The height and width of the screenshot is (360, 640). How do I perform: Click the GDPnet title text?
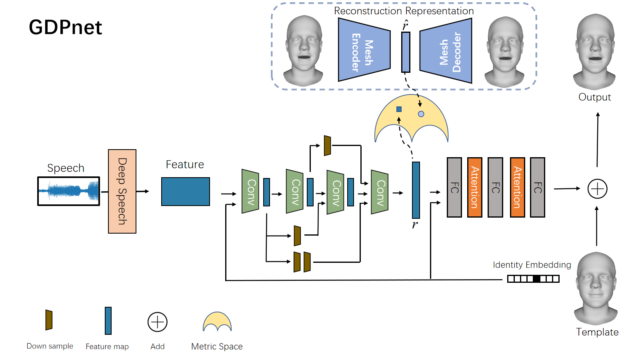tap(66, 28)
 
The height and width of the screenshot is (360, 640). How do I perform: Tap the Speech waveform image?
tap(68, 191)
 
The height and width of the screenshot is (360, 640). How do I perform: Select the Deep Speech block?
tap(122, 191)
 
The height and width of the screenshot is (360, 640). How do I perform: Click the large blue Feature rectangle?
tap(185, 192)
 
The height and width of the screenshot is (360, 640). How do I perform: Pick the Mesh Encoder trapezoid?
tap(364, 50)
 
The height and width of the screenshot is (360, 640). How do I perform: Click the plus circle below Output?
tap(597, 189)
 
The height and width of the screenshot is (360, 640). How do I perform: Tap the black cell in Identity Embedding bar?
tap(536, 279)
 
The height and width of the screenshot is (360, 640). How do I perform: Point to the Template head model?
tap(596, 288)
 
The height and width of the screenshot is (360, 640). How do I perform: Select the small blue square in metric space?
tap(399, 109)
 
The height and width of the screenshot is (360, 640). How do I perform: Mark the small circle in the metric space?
tap(421, 114)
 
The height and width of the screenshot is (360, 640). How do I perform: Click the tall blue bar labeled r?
tap(416, 190)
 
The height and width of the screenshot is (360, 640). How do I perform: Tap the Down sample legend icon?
tap(49, 320)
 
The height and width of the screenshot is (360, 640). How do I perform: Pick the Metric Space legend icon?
tap(217, 322)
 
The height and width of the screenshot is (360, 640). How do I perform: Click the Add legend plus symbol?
tap(158, 322)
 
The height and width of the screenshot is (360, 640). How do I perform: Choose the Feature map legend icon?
tap(108, 321)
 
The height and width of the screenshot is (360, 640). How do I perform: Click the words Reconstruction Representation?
tap(404, 11)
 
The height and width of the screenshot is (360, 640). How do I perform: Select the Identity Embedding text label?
tap(532, 265)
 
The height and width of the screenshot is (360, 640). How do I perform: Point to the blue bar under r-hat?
tap(406, 52)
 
